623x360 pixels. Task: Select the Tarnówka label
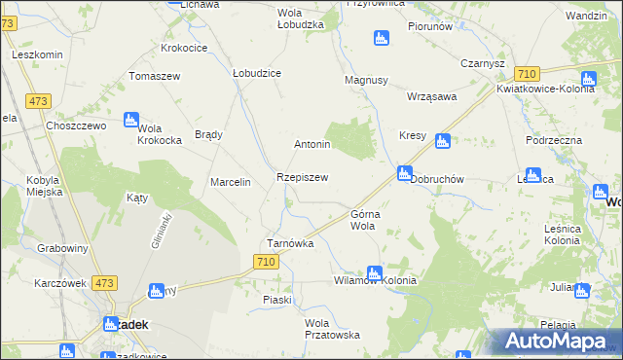pos(290,243)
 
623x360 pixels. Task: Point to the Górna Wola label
pos(363,219)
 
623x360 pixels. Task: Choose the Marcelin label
pos(232,182)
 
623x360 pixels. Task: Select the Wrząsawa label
pos(432,97)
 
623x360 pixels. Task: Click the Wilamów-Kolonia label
pos(375,280)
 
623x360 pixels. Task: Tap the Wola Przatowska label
pos(332,329)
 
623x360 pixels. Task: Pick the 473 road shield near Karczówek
pos(105,283)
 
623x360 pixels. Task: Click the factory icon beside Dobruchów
pos(403,173)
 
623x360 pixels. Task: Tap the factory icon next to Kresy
pos(443,141)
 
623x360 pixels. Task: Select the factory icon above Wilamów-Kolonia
pos(374,273)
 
